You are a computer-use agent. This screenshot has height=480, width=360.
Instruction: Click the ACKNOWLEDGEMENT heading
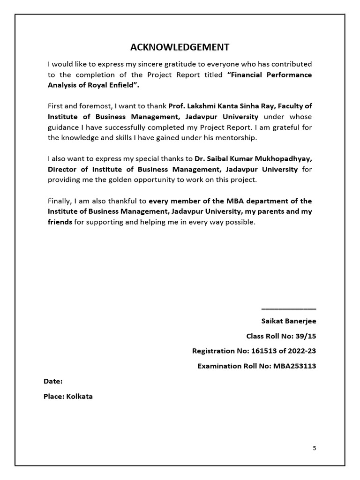(180, 47)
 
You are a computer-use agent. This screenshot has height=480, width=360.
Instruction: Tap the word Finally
(60, 201)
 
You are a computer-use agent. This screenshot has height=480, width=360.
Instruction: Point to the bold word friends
(60, 222)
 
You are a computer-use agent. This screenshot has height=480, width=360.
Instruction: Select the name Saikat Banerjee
(289, 321)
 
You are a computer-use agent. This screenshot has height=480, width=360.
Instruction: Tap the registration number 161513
(248, 351)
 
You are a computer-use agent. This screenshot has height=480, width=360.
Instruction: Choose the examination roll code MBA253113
(294, 366)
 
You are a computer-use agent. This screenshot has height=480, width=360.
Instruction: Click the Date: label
(53, 382)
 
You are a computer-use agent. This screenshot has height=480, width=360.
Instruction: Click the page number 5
(315, 448)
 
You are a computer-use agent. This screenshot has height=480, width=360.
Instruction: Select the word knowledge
(79, 138)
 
